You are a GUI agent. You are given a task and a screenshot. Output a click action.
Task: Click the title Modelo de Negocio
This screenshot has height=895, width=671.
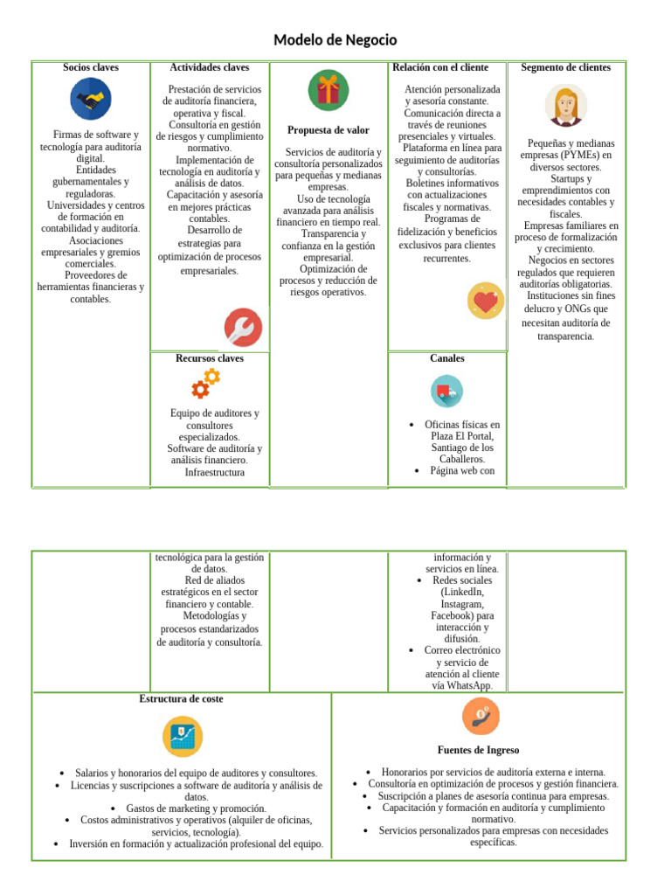pos(335,40)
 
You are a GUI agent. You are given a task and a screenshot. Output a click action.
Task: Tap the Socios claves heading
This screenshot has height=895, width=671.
pos(91,67)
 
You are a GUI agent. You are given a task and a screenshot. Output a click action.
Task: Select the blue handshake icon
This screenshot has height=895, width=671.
pos(91,99)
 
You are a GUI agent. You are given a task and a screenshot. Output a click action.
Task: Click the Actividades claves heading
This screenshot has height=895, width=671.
pos(210,67)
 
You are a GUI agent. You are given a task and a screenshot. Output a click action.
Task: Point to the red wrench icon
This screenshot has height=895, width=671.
pos(242,328)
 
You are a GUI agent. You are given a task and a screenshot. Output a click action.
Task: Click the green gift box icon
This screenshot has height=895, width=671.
pos(329,90)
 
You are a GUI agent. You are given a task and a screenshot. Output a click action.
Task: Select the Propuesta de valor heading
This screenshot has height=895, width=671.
pos(329,130)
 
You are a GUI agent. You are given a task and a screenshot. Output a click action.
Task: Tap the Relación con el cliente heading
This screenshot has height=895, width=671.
pos(440,67)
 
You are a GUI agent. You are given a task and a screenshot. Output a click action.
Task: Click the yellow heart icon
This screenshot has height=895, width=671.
pos(485,302)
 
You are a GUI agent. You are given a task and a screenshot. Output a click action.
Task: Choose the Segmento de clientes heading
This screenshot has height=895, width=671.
pos(566,67)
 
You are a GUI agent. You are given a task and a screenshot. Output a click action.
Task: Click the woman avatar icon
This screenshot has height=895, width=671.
pos(566,106)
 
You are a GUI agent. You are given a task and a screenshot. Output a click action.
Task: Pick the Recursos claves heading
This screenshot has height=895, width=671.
pos(210,358)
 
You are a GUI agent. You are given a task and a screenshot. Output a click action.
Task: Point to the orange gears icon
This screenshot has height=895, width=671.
pos(206,383)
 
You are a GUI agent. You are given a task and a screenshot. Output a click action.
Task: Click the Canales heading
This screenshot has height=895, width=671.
pos(447,358)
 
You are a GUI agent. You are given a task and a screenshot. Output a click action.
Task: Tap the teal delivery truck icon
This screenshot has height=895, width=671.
pos(446,391)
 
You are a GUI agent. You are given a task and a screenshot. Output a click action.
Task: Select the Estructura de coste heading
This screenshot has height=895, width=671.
pos(181,699)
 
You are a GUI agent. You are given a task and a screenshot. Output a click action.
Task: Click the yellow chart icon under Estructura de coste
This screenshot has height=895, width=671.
pos(182,736)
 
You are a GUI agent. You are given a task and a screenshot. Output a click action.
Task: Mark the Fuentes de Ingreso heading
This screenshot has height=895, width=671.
pos(478,750)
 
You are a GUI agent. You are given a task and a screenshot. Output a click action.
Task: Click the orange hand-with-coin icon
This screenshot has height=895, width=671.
pos(480,717)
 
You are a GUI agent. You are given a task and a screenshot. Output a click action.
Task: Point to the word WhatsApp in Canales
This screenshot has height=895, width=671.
pos(463,686)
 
